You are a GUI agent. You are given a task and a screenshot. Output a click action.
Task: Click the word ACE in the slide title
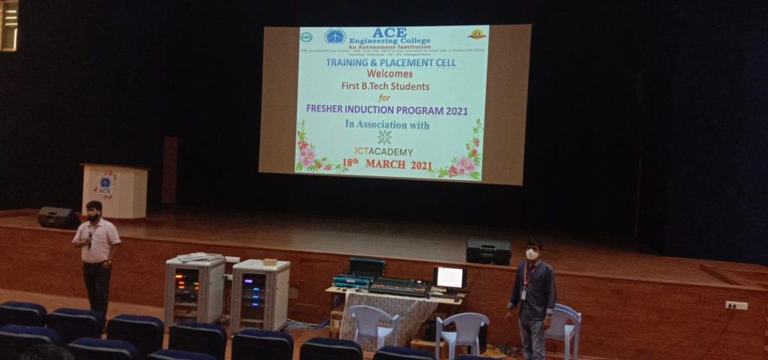click(389, 32)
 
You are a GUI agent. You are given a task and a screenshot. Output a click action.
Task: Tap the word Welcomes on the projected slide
click(390, 74)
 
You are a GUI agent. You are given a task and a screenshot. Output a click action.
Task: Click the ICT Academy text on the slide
click(384, 151)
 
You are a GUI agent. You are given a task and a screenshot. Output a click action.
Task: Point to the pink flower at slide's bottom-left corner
click(307, 156)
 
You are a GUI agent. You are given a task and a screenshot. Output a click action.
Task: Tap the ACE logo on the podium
click(105, 184)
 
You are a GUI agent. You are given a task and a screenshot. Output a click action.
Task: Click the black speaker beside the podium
click(58, 218)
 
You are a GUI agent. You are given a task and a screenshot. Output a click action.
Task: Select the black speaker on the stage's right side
click(488, 251)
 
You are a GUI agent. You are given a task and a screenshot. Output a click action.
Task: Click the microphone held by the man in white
click(90, 238)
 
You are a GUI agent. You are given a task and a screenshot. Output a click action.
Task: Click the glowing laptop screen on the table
click(450, 277)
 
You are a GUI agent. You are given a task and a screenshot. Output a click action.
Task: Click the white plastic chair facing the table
click(373, 324)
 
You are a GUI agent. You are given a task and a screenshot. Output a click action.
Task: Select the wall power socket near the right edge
click(736, 305)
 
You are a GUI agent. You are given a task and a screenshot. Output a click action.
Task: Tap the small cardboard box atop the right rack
click(270, 262)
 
